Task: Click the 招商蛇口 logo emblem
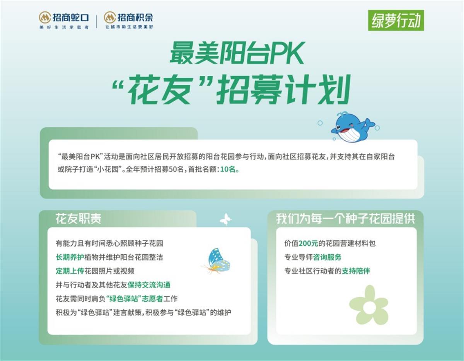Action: coord(45,17)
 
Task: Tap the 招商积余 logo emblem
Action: coord(110,17)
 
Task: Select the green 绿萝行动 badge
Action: coord(396,20)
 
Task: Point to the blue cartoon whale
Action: coord(352,127)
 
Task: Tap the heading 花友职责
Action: coord(78,218)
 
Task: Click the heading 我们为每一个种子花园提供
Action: coord(346,218)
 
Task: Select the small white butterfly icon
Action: coord(225,219)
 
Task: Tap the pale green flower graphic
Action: coord(369,305)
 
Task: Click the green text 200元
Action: coord(308,243)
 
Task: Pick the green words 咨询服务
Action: coord(327,257)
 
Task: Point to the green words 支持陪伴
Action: coord(356,271)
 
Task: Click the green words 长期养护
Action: coord(70,257)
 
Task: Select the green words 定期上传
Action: coord(70,271)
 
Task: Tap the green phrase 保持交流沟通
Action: coord(149,285)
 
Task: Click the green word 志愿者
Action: coord(152,299)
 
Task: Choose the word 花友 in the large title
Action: coord(160,90)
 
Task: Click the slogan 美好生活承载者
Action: coord(64,27)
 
